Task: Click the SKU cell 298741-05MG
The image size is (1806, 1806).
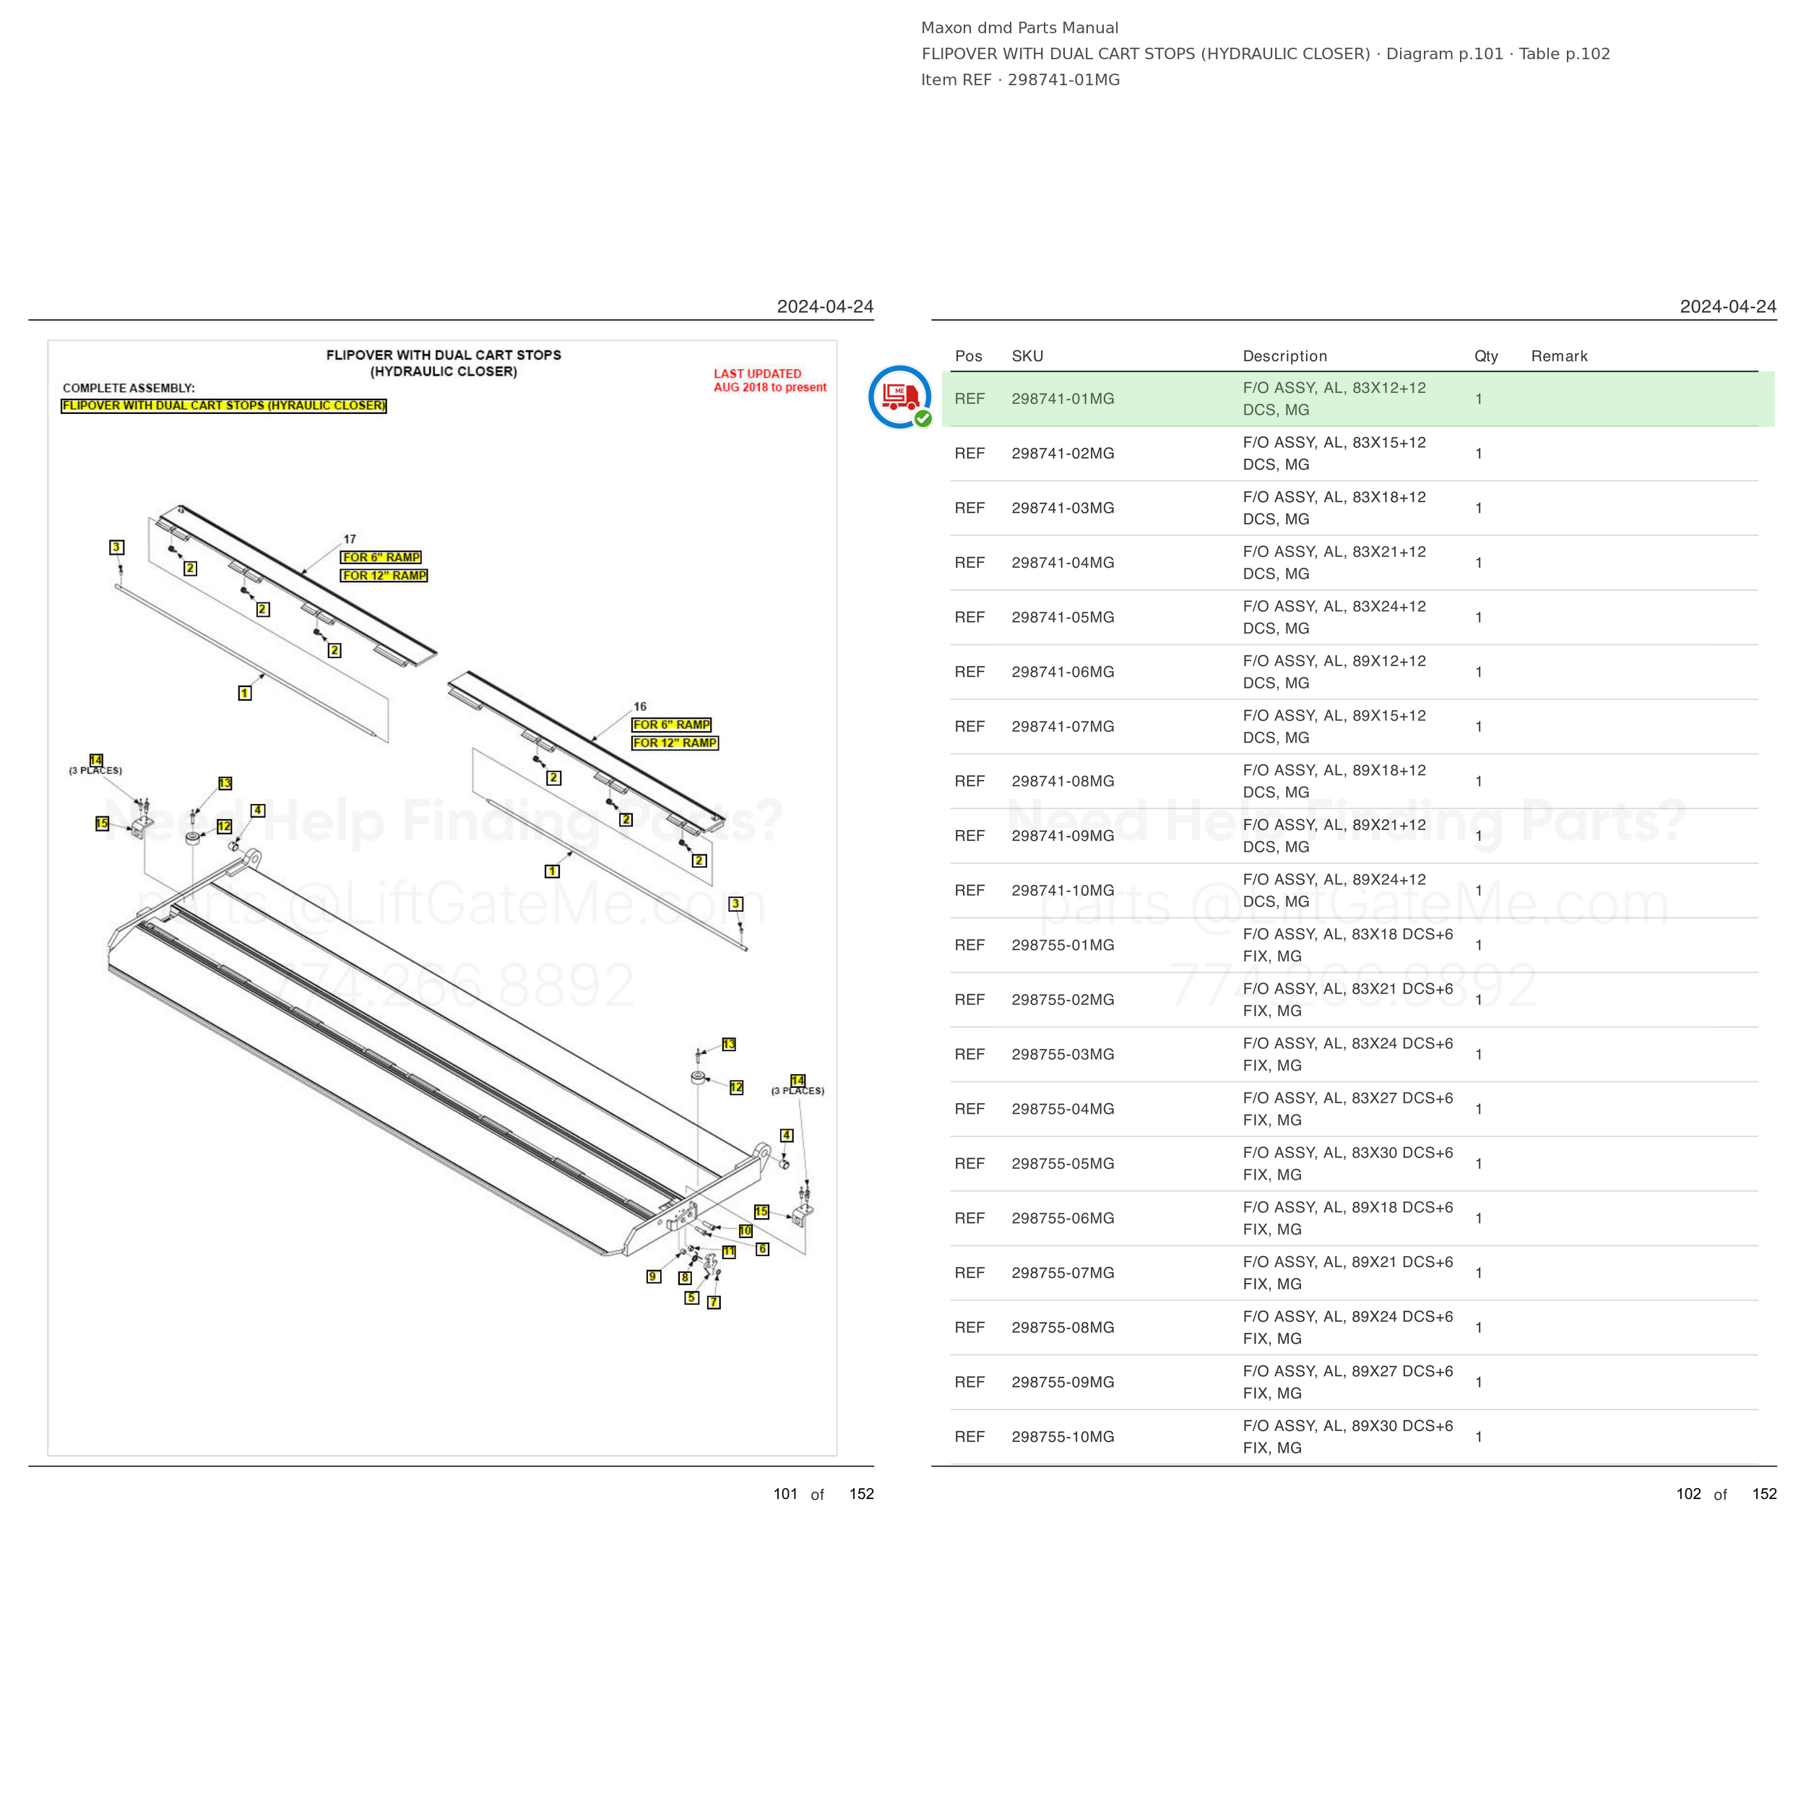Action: click(x=1062, y=618)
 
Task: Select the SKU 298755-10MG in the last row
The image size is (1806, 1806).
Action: click(x=1062, y=1437)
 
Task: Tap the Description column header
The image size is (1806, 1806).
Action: click(x=1284, y=356)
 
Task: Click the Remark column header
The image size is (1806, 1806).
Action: click(x=1558, y=356)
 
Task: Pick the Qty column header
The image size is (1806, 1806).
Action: click(x=1485, y=356)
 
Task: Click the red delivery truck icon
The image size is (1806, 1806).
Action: click(x=899, y=397)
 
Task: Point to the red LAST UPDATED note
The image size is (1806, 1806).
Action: click(x=769, y=381)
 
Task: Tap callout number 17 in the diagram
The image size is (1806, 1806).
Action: click(x=350, y=540)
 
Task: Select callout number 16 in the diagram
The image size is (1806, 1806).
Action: click(x=639, y=707)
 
